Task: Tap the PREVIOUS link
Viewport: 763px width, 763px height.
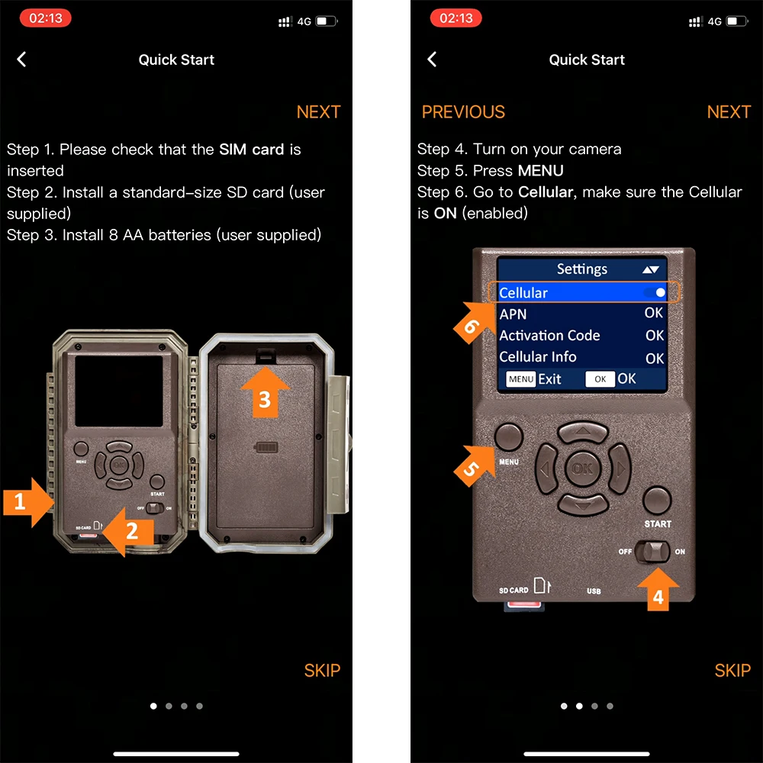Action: tap(463, 112)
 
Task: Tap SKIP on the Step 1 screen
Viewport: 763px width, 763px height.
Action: tap(322, 670)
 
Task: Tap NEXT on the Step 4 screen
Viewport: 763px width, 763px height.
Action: tap(729, 112)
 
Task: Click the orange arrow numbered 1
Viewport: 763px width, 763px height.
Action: tap(28, 502)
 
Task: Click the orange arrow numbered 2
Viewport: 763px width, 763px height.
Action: tap(129, 531)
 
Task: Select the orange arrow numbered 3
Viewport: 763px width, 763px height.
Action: tap(265, 392)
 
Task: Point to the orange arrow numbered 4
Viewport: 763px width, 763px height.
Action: tap(658, 589)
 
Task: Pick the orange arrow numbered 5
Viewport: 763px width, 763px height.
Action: tap(474, 465)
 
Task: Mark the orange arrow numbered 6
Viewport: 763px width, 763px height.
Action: tap(474, 322)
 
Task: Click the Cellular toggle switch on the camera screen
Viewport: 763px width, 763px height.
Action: tap(655, 292)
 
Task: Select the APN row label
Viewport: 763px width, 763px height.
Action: tap(513, 314)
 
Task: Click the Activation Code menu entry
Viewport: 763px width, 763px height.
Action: tap(549, 336)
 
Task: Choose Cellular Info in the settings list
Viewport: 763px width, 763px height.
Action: tap(538, 357)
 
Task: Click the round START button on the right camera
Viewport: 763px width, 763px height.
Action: tap(657, 501)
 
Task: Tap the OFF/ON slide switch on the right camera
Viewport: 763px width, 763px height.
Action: tap(652, 552)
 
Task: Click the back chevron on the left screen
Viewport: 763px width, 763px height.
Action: tap(21, 60)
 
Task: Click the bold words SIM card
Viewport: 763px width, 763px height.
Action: tap(251, 150)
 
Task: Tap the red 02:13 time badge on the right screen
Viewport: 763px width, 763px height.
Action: tap(456, 18)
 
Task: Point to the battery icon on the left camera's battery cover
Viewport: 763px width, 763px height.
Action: tap(266, 447)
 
